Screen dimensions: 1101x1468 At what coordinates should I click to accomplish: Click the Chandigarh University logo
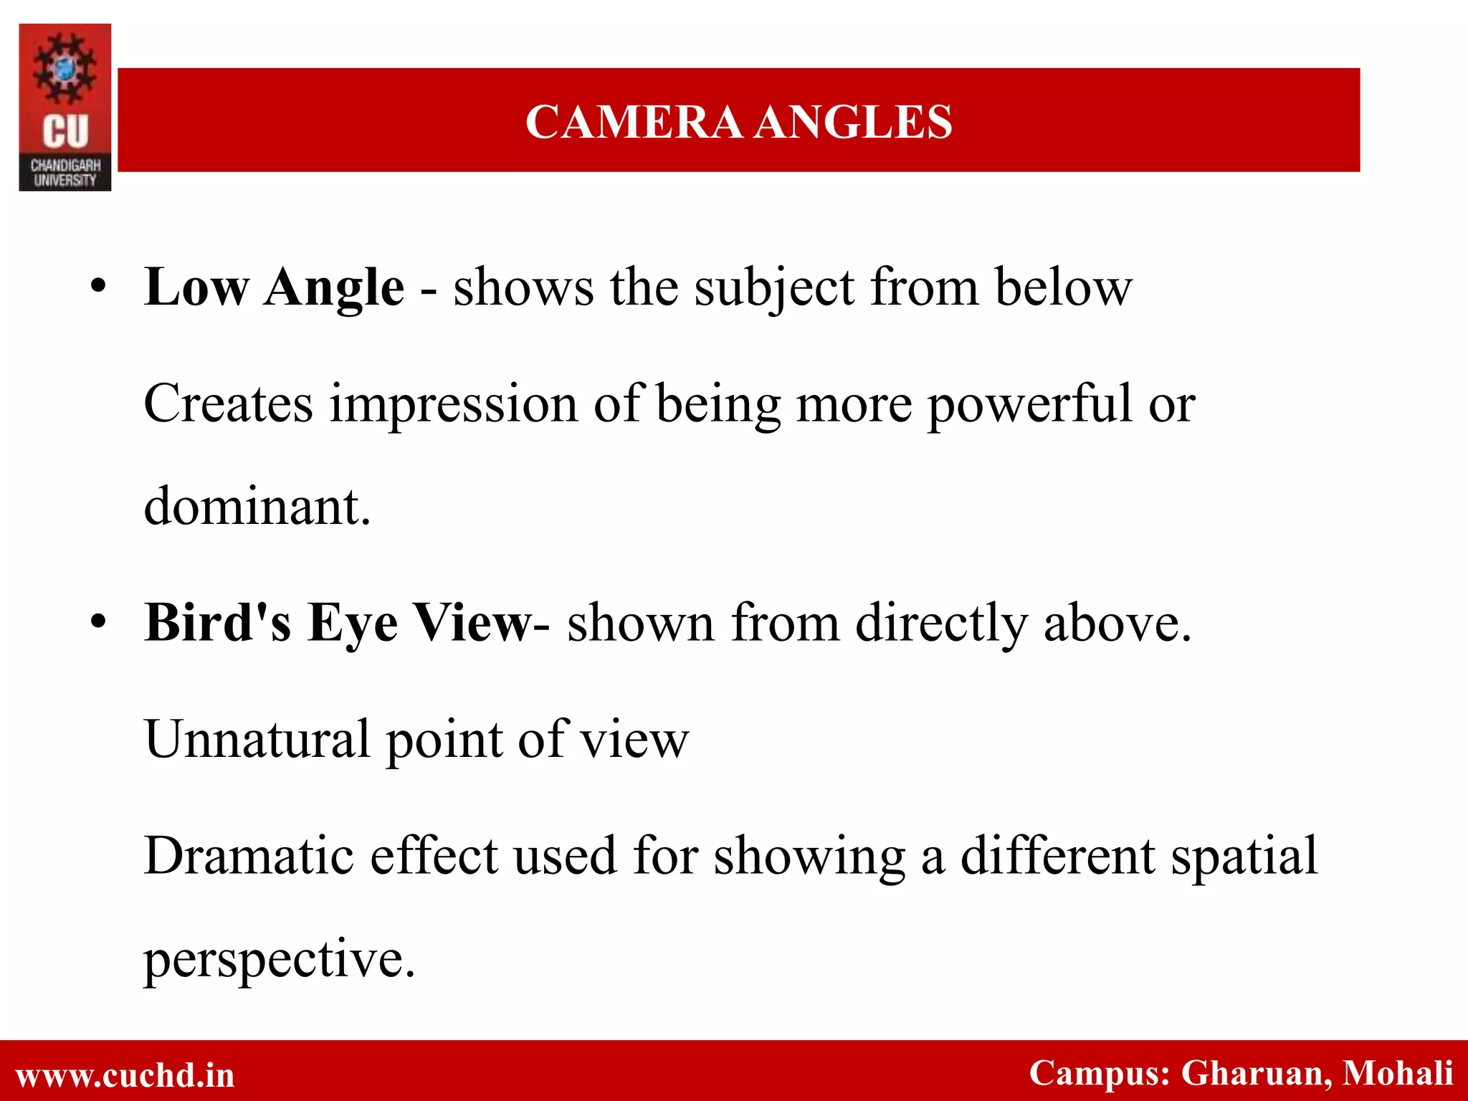65,108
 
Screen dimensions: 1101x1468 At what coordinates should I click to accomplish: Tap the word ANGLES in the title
854,122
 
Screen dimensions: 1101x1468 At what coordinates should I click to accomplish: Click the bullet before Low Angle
99,288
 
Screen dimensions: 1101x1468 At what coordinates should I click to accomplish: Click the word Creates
229,404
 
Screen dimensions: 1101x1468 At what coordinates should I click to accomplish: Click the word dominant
257,507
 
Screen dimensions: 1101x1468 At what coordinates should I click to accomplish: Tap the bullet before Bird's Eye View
99,622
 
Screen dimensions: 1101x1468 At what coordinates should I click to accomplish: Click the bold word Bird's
218,622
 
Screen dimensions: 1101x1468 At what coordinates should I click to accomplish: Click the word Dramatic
249,856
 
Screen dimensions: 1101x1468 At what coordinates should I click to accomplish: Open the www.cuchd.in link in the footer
125,1075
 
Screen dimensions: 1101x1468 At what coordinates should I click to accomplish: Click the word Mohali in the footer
1398,1073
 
